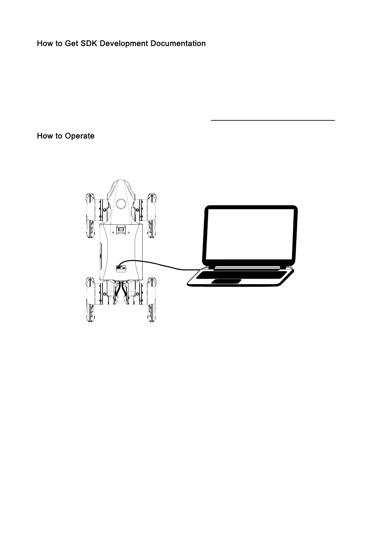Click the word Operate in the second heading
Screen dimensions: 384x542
coord(79,136)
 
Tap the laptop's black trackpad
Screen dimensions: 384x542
coord(226,282)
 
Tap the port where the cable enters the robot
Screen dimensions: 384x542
coord(120,267)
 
